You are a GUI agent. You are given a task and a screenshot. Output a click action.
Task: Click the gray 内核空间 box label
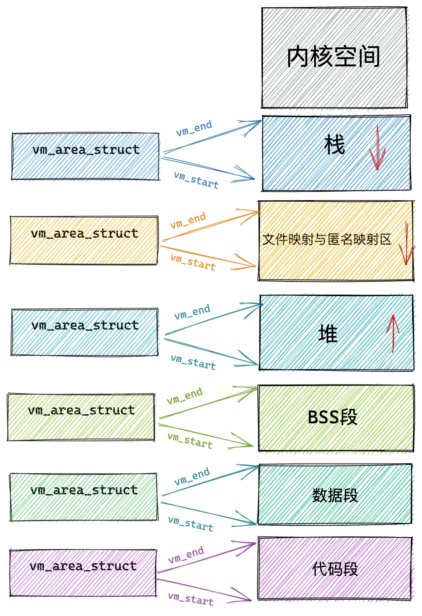click(333, 57)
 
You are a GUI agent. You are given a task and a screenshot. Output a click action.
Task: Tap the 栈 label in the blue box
click(334, 145)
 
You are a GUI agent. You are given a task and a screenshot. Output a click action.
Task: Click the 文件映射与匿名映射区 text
click(327, 239)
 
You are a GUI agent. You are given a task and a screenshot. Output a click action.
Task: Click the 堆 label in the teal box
click(328, 334)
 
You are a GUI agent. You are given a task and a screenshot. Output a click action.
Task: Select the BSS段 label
click(332, 418)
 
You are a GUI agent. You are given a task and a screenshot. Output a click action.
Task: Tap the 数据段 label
click(335, 495)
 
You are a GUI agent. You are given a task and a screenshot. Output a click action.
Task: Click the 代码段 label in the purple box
click(335, 569)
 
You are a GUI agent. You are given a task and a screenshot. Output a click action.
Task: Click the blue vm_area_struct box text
click(86, 150)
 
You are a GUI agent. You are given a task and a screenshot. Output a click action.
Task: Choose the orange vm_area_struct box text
click(84, 234)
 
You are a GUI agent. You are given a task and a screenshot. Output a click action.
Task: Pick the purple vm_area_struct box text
click(83, 566)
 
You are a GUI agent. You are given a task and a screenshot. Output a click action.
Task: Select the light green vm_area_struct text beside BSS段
click(81, 410)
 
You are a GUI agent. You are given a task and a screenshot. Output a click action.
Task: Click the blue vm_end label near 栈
click(194, 128)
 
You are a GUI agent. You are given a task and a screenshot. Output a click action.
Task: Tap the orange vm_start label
click(193, 262)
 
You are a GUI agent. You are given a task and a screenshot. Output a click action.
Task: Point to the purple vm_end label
click(186, 555)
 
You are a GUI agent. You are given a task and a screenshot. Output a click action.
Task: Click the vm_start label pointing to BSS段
click(190, 441)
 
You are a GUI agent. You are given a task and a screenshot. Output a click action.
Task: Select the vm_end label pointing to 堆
click(192, 312)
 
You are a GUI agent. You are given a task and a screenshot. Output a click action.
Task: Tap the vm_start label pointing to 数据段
click(191, 523)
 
